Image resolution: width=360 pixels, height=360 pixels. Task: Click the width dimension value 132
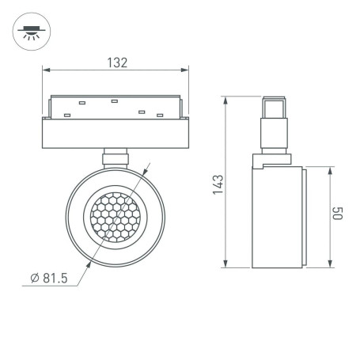(x=116, y=63)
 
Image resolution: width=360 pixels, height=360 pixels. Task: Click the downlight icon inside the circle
(x=29, y=32)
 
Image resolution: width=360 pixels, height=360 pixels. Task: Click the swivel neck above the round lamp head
(x=116, y=156)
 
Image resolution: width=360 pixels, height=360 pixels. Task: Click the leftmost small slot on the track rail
(x=66, y=116)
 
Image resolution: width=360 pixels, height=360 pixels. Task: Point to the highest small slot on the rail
(x=115, y=100)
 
